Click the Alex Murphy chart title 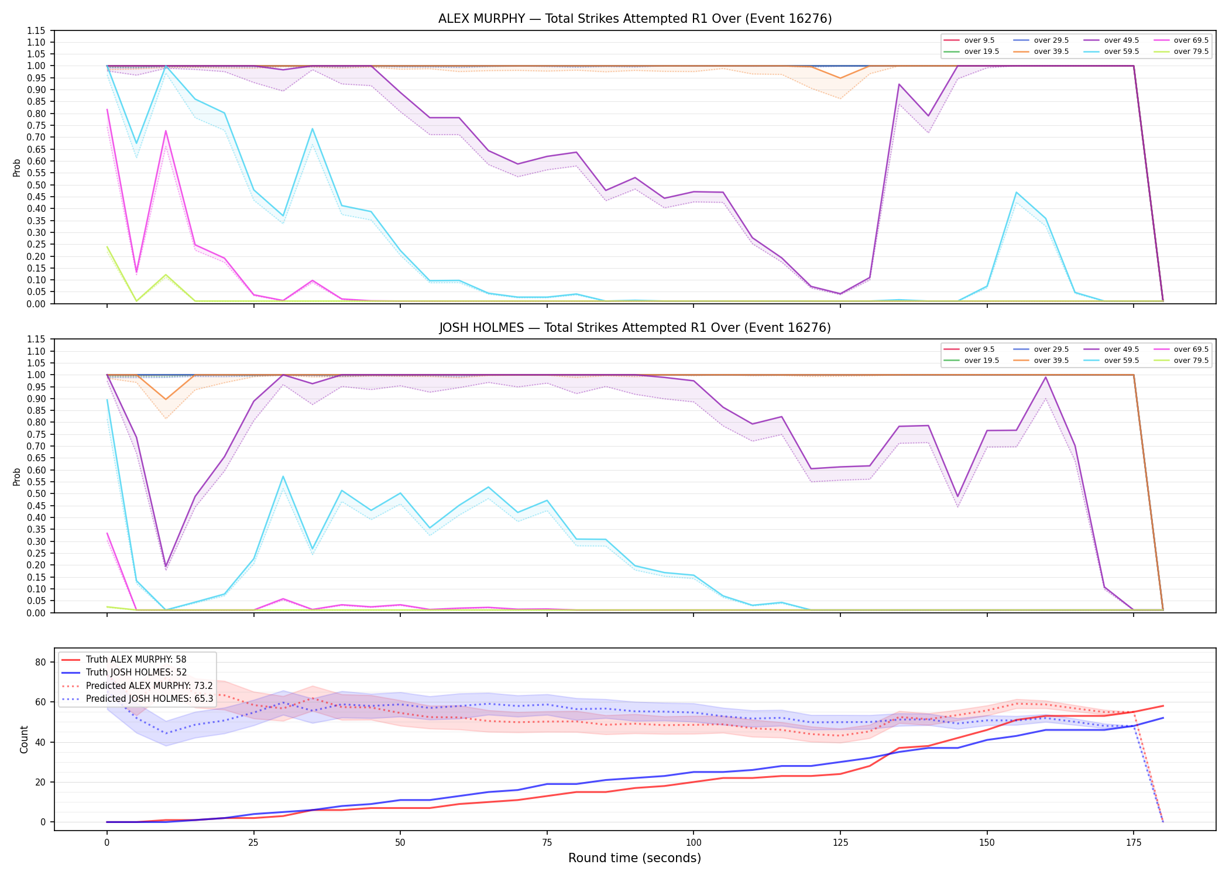635,19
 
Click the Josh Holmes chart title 635,328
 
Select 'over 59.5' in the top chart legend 1121,52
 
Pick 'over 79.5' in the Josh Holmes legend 1191,361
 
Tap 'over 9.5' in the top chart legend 979,40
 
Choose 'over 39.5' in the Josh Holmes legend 1051,361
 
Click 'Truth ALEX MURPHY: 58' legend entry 136,660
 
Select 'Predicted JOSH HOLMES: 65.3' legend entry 149,698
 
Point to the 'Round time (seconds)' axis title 634,858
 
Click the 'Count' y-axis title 24,739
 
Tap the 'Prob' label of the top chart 16,167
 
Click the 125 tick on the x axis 840,843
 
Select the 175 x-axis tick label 1134,843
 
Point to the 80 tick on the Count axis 40,663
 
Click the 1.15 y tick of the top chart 37,30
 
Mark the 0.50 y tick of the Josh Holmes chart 37,494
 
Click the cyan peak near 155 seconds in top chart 1017,193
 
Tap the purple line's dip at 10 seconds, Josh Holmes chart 166,567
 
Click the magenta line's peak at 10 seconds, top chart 166,131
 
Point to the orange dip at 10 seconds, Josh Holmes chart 166,399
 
